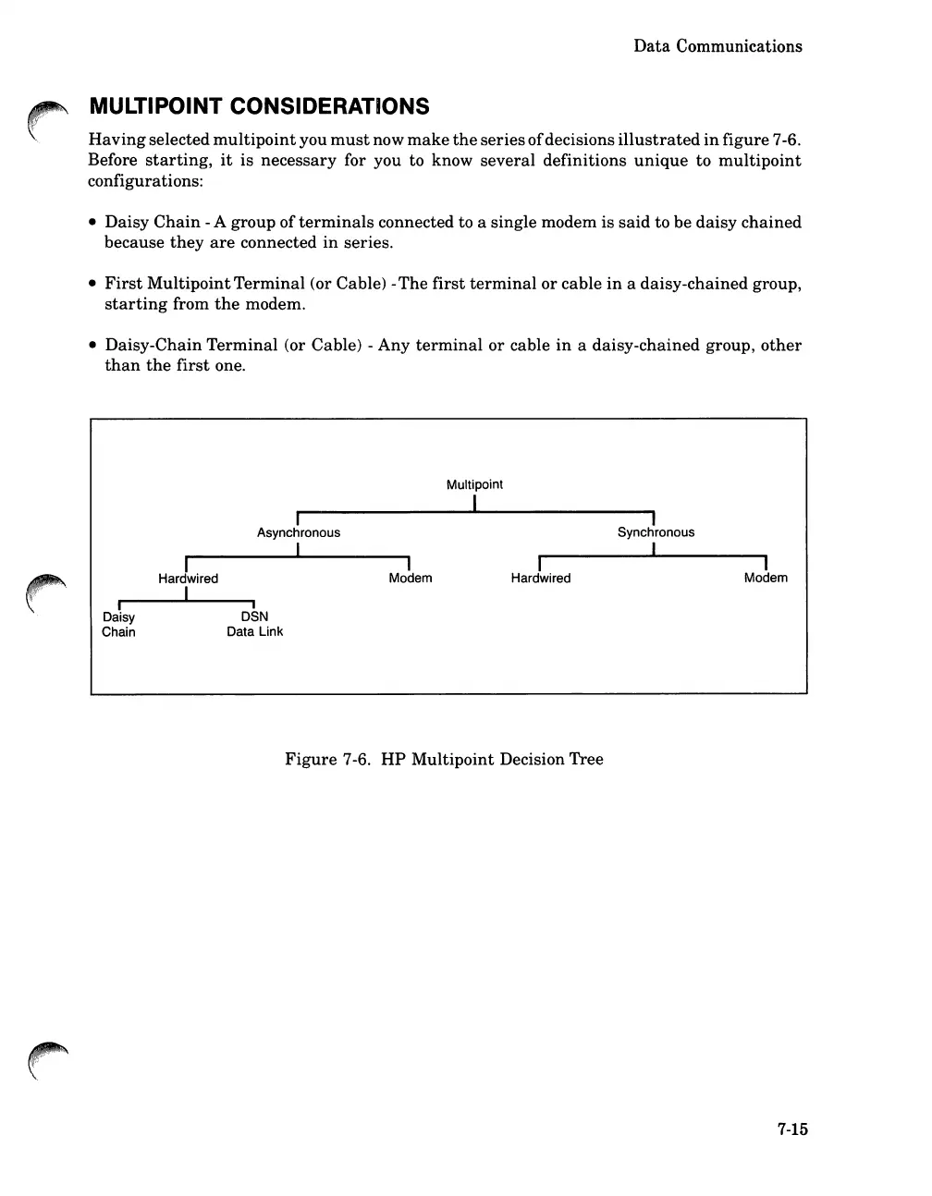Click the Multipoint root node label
(x=474, y=484)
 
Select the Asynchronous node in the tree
(x=299, y=532)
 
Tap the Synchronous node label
(x=656, y=532)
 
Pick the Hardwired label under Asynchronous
(x=189, y=579)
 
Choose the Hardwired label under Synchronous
(x=541, y=579)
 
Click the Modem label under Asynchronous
(x=411, y=579)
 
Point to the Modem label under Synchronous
(x=766, y=579)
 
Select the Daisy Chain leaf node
(x=118, y=625)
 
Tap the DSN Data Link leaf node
(x=254, y=625)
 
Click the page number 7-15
(x=792, y=1129)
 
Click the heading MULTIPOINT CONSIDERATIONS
(x=259, y=106)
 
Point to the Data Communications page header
(x=717, y=46)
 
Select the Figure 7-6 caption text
(x=444, y=760)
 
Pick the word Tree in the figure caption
(x=586, y=760)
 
